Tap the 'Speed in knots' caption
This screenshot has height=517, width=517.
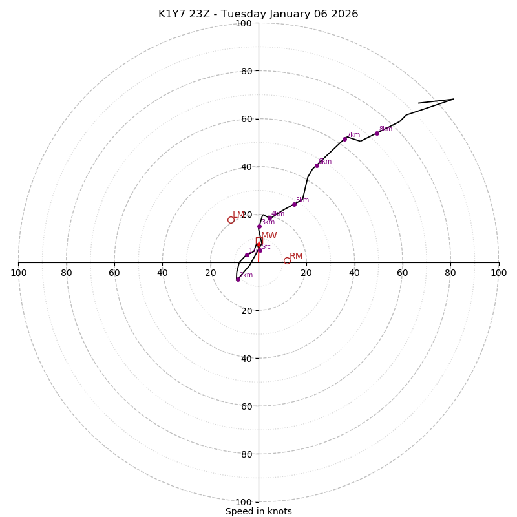click(258, 511)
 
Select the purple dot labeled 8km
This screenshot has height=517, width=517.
click(377, 133)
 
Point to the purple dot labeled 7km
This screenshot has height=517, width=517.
click(344, 139)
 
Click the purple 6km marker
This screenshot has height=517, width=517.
click(317, 165)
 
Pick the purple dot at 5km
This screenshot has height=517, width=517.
click(294, 204)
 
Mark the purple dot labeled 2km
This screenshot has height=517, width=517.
click(238, 279)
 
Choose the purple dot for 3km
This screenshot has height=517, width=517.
click(259, 226)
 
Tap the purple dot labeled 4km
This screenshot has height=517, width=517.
click(269, 218)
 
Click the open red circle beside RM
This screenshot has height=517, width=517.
click(287, 260)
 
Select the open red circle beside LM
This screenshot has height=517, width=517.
click(231, 220)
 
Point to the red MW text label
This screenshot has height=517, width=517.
click(269, 236)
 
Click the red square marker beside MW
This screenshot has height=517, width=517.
click(259, 240)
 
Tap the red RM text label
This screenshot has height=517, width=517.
click(296, 256)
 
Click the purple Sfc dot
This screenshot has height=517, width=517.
click(260, 250)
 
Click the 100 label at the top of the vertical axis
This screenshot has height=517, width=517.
click(244, 23)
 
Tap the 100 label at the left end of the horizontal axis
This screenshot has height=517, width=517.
click(18, 273)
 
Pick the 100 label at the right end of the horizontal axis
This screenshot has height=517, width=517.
click(498, 273)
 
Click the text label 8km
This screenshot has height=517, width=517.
click(386, 129)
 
